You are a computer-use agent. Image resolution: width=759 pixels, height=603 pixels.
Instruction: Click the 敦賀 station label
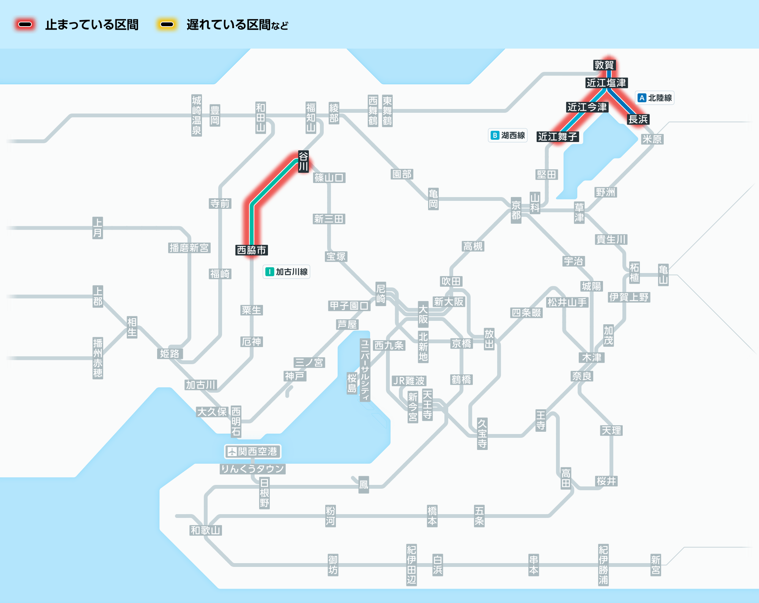pyautogui.click(x=604, y=65)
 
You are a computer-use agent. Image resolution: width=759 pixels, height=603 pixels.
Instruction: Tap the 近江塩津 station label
pyautogui.click(x=606, y=83)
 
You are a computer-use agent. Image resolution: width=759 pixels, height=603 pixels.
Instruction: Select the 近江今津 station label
pyautogui.click(x=587, y=107)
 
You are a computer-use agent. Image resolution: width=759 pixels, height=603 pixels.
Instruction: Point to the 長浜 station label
pyautogui.click(x=638, y=119)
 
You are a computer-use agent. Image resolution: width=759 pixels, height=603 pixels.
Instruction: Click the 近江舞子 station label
pyautogui.click(x=557, y=136)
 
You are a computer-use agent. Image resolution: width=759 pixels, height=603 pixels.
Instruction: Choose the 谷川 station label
pyautogui.click(x=303, y=161)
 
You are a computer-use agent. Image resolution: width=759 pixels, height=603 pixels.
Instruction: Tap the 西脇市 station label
pyautogui.click(x=252, y=250)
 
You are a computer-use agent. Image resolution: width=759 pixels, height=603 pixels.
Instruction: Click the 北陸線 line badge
pyautogui.click(x=655, y=98)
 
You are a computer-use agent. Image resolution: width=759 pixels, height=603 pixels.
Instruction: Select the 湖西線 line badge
pyautogui.click(x=508, y=135)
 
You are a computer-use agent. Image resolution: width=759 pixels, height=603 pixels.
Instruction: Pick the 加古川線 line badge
pyautogui.click(x=287, y=272)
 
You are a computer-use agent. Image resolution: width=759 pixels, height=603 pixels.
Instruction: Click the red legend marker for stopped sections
pyautogui.click(x=25, y=25)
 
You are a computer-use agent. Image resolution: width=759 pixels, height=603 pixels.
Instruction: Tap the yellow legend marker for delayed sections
pyautogui.click(x=167, y=25)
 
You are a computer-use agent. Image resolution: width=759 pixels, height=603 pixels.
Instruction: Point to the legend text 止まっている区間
pyautogui.click(x=92, y=25)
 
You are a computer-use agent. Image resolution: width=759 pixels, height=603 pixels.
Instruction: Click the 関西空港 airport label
pyautogui.click(x=253, y=451)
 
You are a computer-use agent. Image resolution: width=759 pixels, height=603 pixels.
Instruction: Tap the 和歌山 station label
pyautogui.click(x=206, y=530)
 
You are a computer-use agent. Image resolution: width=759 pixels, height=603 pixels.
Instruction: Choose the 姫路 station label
pyautogui.click(x=170, y=354)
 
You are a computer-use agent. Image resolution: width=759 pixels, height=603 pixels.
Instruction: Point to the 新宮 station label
pyautogui.click(x=656, y=565)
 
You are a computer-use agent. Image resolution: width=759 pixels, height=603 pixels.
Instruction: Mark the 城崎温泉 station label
pyautogui.click(x=197, y=115)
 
